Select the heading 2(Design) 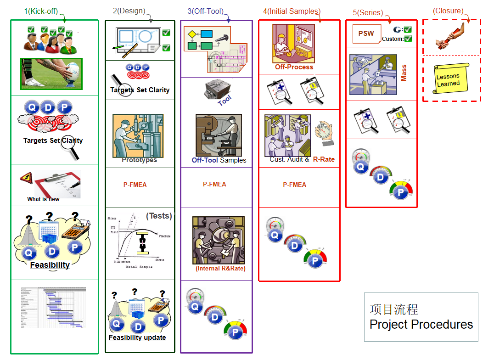(x=129, y=11)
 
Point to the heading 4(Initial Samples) (x=292, y=11)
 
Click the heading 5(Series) (x=368, y=12)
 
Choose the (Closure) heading (x=448, y=11)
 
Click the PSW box (x=366, y=34)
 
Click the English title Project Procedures (x=421, y=324)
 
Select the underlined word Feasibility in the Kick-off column (x=50, y=265)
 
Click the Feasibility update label (x=137, y=337)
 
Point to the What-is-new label (x=43, y=199)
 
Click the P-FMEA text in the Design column (x=135, y=185)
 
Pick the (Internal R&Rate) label (x=220, y=268)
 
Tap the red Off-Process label (x=294, y=67)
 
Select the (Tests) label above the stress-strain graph (x=159, y=216)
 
